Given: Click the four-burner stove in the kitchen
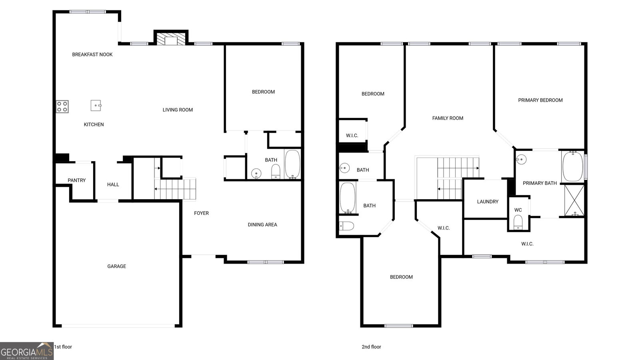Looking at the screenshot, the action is [x=62, y=106].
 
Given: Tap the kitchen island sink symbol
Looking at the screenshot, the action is [x=96, y=106].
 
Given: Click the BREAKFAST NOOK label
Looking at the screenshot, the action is [x=92, y=54].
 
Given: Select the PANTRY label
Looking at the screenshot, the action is [x=76, y=180].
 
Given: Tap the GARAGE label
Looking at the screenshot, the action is [x=116, y=266].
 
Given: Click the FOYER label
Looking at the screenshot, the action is [x=202, y=213].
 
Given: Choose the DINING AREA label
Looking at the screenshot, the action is [x=262, y=225].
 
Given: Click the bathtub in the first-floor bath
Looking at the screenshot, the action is [x=292, y=164].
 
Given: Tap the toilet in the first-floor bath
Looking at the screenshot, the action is [x=276, y=172].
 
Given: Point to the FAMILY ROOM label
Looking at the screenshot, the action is [x=448, y=118].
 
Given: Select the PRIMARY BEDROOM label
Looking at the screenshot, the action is [x=540, y=100].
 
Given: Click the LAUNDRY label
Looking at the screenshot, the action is [x=488, y=202].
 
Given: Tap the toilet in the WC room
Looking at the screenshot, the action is [x=518, y=222].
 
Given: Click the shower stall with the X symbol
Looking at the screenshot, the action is [x=574, y=200].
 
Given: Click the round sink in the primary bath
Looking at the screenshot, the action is [x=522, y=160].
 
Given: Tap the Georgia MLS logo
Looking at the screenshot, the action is [x=27, y=351].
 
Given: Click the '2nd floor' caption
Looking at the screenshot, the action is [x=372, y=347].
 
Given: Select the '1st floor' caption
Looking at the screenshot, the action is [x=63, y=347].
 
